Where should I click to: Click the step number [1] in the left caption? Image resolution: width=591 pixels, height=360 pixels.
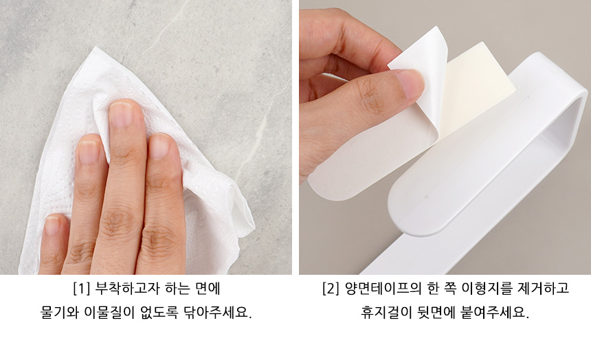pyautogui.click(x=81, y=289)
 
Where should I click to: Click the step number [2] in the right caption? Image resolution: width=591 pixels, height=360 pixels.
pyautogui.click(x=331, y=289)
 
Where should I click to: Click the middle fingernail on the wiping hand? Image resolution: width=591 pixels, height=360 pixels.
pyautogui.click(x=121, y=114)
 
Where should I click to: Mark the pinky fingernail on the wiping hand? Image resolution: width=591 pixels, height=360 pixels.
pyautogui.click(x=52, y=225)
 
